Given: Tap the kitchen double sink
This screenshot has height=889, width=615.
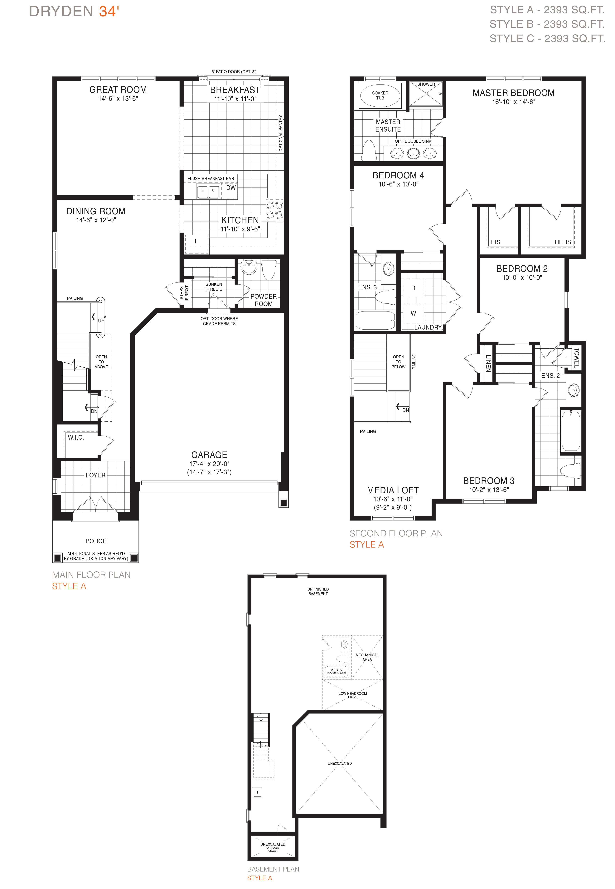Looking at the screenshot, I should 208,191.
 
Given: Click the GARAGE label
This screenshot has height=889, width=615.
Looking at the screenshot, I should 209,455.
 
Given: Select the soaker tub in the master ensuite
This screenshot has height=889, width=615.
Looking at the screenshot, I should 380,96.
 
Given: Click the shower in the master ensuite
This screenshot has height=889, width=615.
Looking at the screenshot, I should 426,94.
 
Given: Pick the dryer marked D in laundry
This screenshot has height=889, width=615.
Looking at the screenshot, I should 413,288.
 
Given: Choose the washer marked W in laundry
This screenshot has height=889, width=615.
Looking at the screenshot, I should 413,313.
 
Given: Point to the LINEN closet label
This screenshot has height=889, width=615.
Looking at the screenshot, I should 488,363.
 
